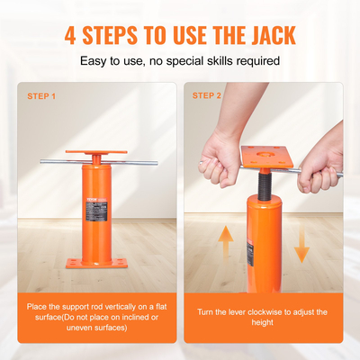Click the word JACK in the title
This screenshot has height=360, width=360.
click(x=267, y=36)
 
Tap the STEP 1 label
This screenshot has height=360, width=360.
click(x=41, y=95)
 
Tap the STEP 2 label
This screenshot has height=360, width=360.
click(x=208, y=95)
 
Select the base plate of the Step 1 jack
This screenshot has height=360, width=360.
click(x=95, y=263)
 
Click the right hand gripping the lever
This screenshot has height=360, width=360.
click(x=319, y=164)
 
